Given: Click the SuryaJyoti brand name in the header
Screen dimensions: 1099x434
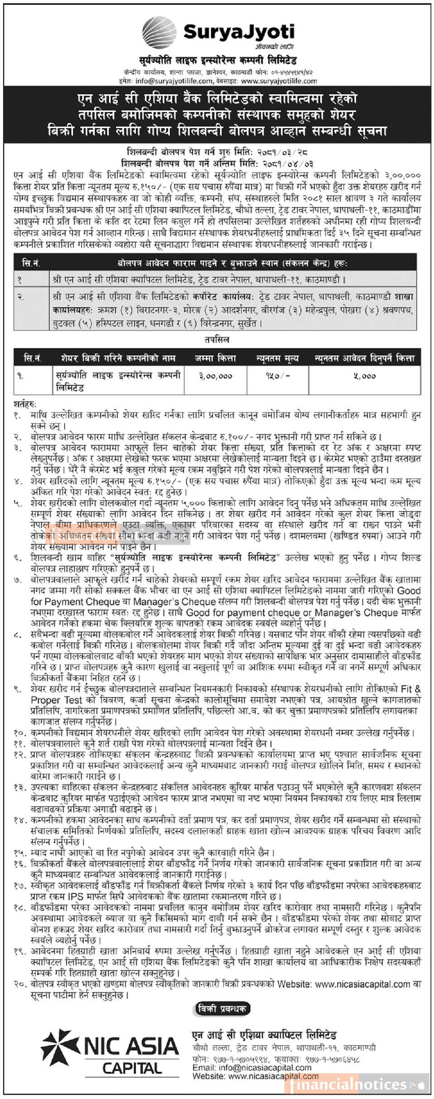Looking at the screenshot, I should [x=239, y=32].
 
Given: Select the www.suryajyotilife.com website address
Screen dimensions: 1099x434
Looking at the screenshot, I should [x=279, y=81].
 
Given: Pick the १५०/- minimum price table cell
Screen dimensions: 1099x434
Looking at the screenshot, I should [x=278, y=376].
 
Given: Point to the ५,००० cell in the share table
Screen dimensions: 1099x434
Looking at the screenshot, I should [x=365, y=376].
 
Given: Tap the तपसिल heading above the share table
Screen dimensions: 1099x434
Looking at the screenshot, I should [x=217, y=339].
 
